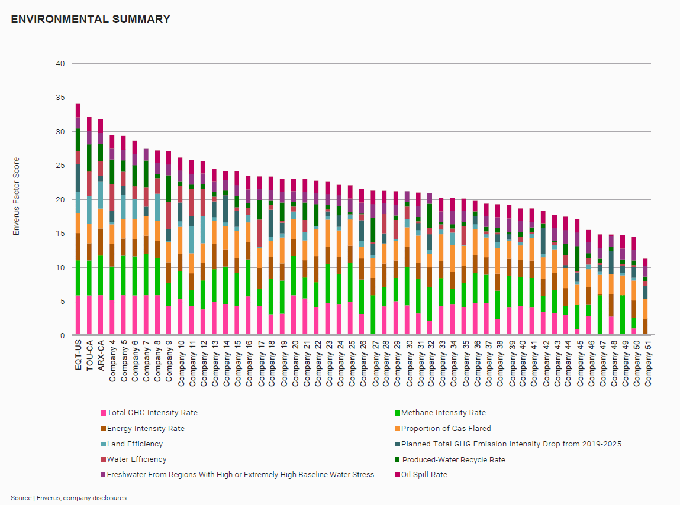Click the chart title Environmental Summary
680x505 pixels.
91,19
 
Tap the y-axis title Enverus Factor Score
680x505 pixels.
17,196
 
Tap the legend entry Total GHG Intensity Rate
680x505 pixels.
152,413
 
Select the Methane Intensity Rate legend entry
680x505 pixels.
443,413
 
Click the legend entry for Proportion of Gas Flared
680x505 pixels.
446,428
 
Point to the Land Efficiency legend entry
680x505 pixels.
134,444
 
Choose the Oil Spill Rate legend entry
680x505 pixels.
424,474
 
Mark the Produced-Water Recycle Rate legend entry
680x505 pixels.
453,459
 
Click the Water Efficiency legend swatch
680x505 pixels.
103,459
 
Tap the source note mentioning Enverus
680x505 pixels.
69,498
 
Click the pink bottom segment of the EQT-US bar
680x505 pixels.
78,315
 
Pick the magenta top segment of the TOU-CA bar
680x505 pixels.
89,124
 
